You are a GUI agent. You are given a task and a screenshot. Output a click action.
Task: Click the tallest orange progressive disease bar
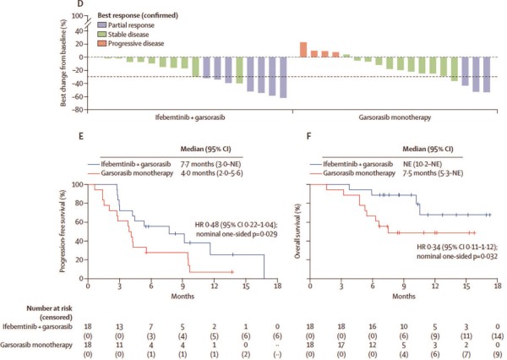point(303,50)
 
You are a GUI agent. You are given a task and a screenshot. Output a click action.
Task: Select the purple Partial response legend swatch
point(102,25)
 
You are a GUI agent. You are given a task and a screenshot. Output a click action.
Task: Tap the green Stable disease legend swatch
point(102,35)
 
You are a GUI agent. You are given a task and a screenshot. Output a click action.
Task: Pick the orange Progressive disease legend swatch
point(102,43)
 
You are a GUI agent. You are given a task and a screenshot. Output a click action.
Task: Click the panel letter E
point(81,136)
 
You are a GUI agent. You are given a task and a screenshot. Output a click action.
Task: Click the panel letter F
point(308,136)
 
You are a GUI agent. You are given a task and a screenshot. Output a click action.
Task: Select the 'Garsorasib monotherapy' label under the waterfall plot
point(395,117)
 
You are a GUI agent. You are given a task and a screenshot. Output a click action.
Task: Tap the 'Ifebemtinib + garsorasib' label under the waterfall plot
point(190,117)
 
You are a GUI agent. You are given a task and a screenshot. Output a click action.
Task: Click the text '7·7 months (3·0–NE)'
point(210,164)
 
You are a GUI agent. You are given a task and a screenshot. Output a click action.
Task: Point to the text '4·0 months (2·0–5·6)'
point(212,173)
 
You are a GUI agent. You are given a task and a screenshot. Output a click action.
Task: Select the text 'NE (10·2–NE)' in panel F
point(422,164)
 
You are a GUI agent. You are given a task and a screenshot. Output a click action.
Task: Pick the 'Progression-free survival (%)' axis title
point(63,231)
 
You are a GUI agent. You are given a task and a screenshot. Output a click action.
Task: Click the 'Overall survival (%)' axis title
point(297,231)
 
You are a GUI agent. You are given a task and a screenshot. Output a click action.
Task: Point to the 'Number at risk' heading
point(49,308)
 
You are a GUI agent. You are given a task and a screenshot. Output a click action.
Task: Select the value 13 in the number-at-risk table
point(119,327)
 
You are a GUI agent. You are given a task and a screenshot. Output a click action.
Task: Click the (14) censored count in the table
point(498,336)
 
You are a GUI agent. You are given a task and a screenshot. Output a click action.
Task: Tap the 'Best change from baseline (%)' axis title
point(63,63)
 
